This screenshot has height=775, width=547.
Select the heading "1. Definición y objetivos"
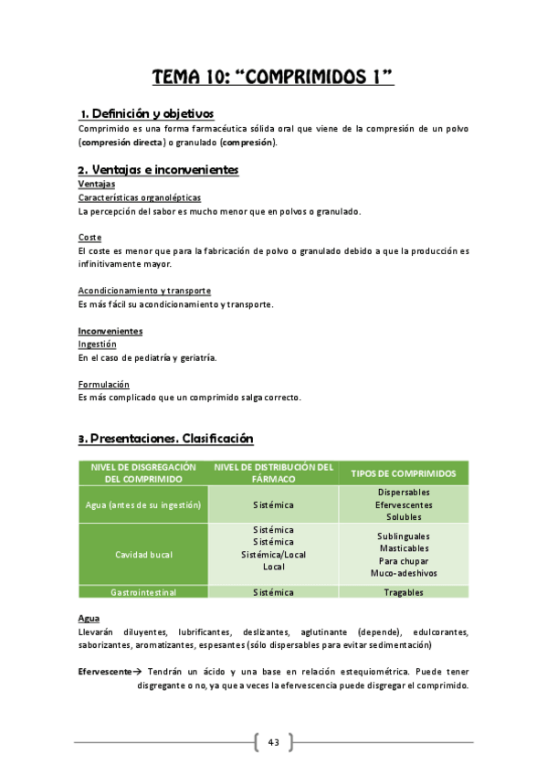146,113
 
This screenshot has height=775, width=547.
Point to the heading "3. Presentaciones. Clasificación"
165,439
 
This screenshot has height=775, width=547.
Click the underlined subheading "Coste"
89,238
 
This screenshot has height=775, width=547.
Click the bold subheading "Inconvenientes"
110,331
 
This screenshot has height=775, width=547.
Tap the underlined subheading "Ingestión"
97,345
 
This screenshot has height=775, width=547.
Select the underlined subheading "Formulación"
103,385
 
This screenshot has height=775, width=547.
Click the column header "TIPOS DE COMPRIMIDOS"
403,473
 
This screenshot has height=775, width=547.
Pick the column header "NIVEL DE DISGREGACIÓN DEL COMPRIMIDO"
143,472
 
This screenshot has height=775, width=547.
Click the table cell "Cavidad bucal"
143,555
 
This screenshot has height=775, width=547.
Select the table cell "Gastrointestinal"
143,592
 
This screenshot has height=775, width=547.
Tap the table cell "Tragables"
404,592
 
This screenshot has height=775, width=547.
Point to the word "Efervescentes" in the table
404,504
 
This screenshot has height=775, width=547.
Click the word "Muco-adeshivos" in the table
404,573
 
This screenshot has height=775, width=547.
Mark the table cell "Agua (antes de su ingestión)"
143,504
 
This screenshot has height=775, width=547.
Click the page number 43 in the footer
273,742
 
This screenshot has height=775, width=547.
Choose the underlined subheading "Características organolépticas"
140,197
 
